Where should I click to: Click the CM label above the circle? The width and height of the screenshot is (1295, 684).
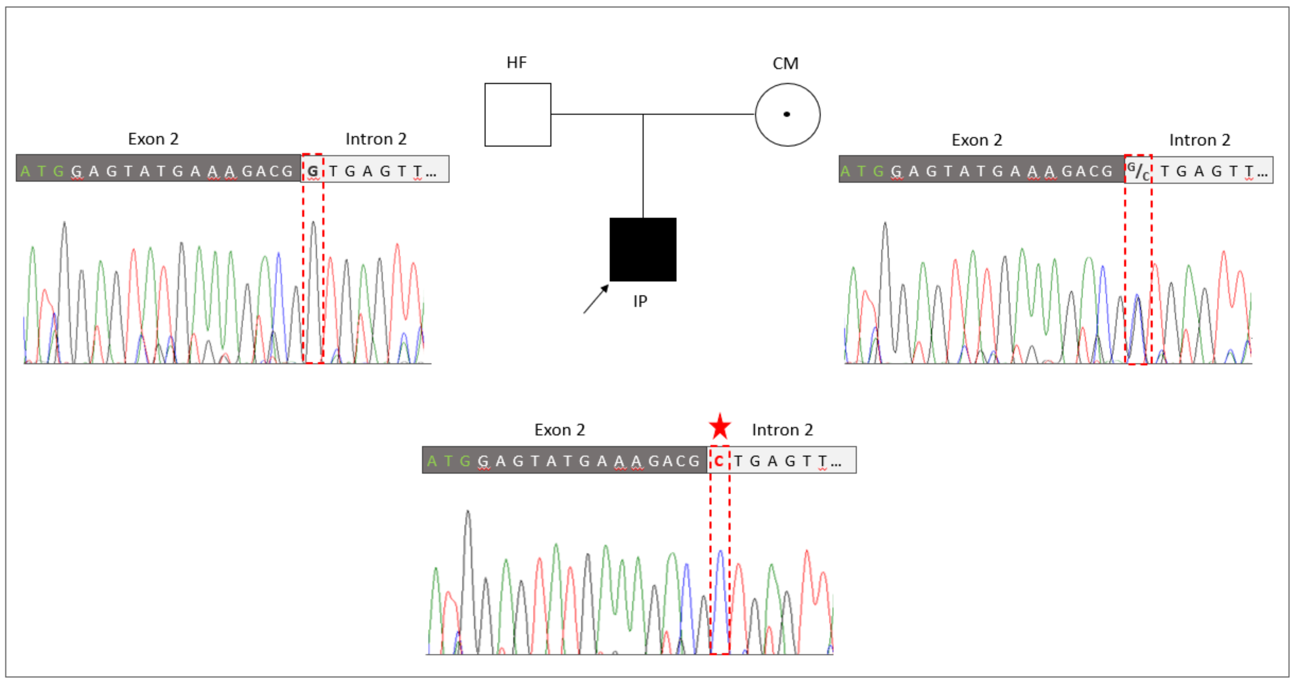785,64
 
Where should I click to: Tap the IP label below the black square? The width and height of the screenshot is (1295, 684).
640,301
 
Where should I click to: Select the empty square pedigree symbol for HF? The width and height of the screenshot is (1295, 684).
517,115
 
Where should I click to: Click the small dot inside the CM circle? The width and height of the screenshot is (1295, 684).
787,115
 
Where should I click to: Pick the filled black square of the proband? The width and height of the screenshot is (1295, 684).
642,250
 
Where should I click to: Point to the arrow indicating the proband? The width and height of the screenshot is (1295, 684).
596,299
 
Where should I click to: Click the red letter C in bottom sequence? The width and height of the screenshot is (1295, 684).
719,461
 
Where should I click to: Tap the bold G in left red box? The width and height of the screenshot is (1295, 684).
313,172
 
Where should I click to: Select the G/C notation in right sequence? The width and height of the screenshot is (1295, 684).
1138,171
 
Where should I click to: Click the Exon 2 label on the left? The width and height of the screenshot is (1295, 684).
153,139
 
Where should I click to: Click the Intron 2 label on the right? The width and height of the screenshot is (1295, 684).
1199,141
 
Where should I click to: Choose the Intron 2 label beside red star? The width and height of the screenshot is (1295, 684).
782,430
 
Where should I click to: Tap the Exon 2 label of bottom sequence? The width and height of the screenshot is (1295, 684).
560,430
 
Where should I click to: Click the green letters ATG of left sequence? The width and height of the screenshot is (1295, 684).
42,172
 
